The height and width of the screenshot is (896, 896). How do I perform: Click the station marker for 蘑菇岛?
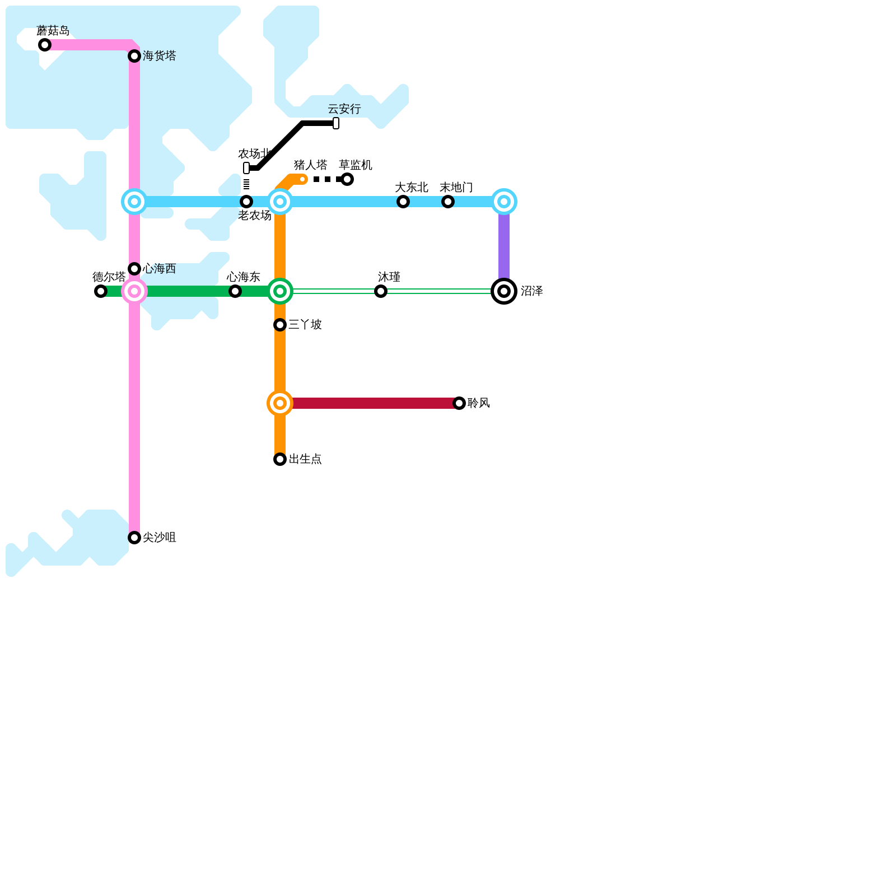45,45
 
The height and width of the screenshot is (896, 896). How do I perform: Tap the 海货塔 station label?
160,56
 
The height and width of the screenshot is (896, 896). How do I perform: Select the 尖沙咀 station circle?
134,538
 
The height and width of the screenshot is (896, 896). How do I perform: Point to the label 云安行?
344,109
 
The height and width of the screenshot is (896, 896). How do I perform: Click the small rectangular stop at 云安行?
336,123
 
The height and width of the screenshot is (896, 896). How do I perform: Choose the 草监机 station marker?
347,179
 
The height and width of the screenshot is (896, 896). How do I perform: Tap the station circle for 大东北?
403,202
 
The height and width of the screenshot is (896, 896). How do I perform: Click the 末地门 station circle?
448,202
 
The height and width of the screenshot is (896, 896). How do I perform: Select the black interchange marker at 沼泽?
504,291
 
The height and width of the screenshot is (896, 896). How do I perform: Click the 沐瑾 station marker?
381,291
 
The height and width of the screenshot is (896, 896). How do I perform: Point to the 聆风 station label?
479,403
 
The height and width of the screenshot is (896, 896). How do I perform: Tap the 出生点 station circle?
280,459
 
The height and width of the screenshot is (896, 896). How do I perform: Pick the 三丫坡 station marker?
280,325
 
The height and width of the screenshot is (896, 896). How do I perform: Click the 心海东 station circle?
235,291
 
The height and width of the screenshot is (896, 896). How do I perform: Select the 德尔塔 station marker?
101,291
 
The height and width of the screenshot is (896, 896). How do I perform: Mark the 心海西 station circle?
134,269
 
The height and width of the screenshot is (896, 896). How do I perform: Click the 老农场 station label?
255,216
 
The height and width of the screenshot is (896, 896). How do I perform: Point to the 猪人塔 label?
311,165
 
